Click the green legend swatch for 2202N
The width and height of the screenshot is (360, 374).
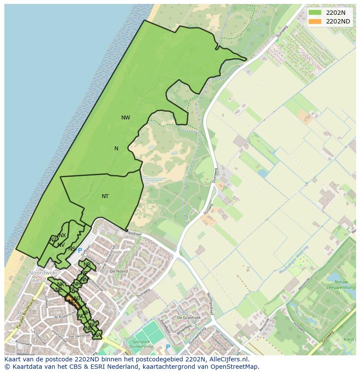pyautogui.click(x=315, y=12)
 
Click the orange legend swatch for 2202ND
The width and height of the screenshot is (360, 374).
pyautogui.click(x=315, y=21)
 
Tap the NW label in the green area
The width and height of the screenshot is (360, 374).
pyautogui.click(x=126, y=118)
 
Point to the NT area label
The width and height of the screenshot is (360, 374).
pyautogui.click(x=105, y=196)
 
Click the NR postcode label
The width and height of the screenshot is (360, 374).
pyautogui.click(x=87, y=265)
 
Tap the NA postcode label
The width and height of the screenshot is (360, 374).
pyautogui.click(x=97, y=335)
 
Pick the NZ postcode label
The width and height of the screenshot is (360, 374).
pyautogui.click(x=53, y=239)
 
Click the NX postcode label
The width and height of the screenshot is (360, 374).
pyautogui.click(x=62, y=235)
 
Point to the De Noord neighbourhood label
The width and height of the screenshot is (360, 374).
pyautogui.click(x=119, y=271)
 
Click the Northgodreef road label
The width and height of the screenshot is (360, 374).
pyautogui.click(x=210, y=303)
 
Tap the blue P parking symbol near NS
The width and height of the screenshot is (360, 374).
pyautogui.click(x=80, y=251)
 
